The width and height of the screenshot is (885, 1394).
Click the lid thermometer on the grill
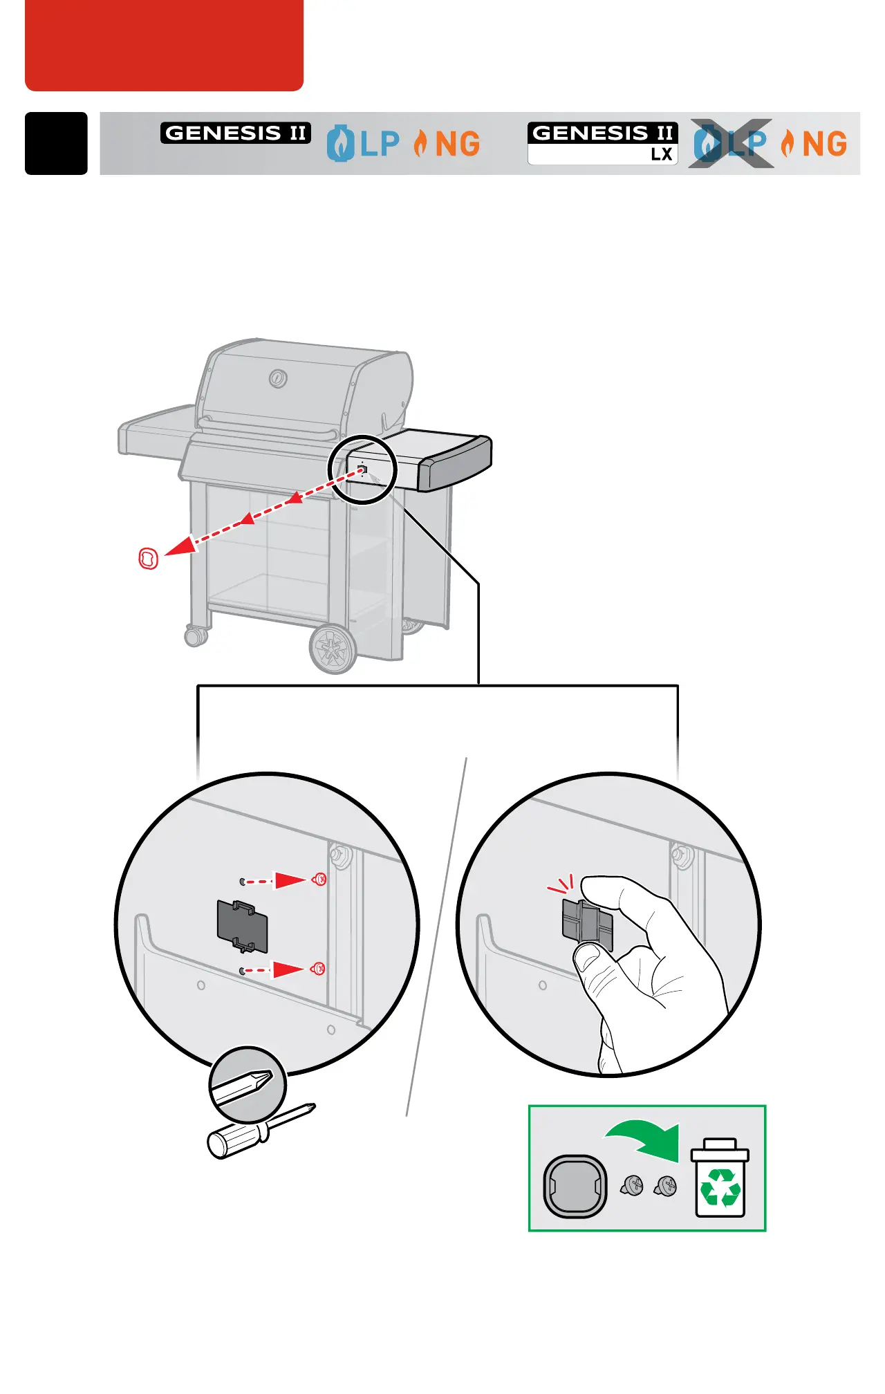click(278, 378)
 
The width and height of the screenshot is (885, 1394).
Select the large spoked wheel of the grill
click(333, 649)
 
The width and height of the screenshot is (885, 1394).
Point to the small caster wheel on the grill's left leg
click(196, 635)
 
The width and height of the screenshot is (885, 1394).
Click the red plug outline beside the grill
click(149, 558)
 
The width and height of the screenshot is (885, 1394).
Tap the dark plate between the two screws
click(242, 926)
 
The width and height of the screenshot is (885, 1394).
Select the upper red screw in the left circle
click(319, 880)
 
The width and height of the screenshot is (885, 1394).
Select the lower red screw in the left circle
click(318, 968)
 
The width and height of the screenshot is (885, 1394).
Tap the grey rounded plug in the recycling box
click(575, 1186)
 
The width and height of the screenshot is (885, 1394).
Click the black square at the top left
click(56, 143)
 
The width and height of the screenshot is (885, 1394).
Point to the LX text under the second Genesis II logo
click(662, 155)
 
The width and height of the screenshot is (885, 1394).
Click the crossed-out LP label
click(732, 144)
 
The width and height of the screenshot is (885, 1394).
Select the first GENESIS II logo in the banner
click(235, 133)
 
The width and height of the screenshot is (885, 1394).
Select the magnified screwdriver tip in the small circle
click(248, 1084)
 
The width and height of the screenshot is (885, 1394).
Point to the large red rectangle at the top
click(164, 44)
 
